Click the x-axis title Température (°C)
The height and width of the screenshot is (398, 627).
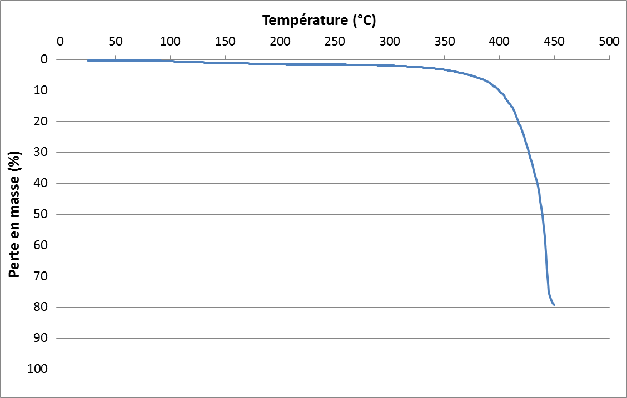pos(319,21)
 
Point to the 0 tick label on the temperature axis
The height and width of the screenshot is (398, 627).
pos(61,41)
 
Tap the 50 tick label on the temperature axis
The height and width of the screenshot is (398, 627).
pos(115,41)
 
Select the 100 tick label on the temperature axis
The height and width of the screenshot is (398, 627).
pos(170,41)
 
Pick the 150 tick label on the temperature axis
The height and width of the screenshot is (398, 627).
pos(225,41)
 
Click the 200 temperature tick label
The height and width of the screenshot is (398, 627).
pos(280,41)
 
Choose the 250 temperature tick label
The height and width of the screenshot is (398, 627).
pos(335,41)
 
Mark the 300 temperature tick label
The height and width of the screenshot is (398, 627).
pos(390,41)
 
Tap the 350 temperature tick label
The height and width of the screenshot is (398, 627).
pos(445,41)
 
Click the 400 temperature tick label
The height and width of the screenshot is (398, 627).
pos(500,41)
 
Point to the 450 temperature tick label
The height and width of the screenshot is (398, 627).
pos(554,41)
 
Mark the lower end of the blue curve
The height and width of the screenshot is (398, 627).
pos(554,304)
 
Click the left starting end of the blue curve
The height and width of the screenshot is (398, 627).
pos(88,60)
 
